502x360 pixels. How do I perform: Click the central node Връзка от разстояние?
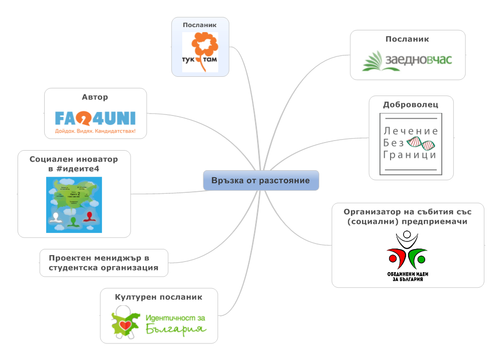pos(261,180)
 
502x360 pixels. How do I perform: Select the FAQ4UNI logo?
pos(95,119)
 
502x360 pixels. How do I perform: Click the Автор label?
pos(95,97)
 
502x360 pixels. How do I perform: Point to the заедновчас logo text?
pos(418,60)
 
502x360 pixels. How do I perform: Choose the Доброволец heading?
pos(411,105)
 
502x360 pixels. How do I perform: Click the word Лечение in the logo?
pos(411,131)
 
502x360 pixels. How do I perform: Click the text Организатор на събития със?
pos(408,211)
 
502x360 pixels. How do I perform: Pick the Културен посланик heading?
pos(159,297)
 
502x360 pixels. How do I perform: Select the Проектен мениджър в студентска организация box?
pos(103,263)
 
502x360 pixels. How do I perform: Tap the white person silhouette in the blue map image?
pos(55,218)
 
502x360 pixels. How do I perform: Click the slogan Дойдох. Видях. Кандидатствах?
pos(95,133)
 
